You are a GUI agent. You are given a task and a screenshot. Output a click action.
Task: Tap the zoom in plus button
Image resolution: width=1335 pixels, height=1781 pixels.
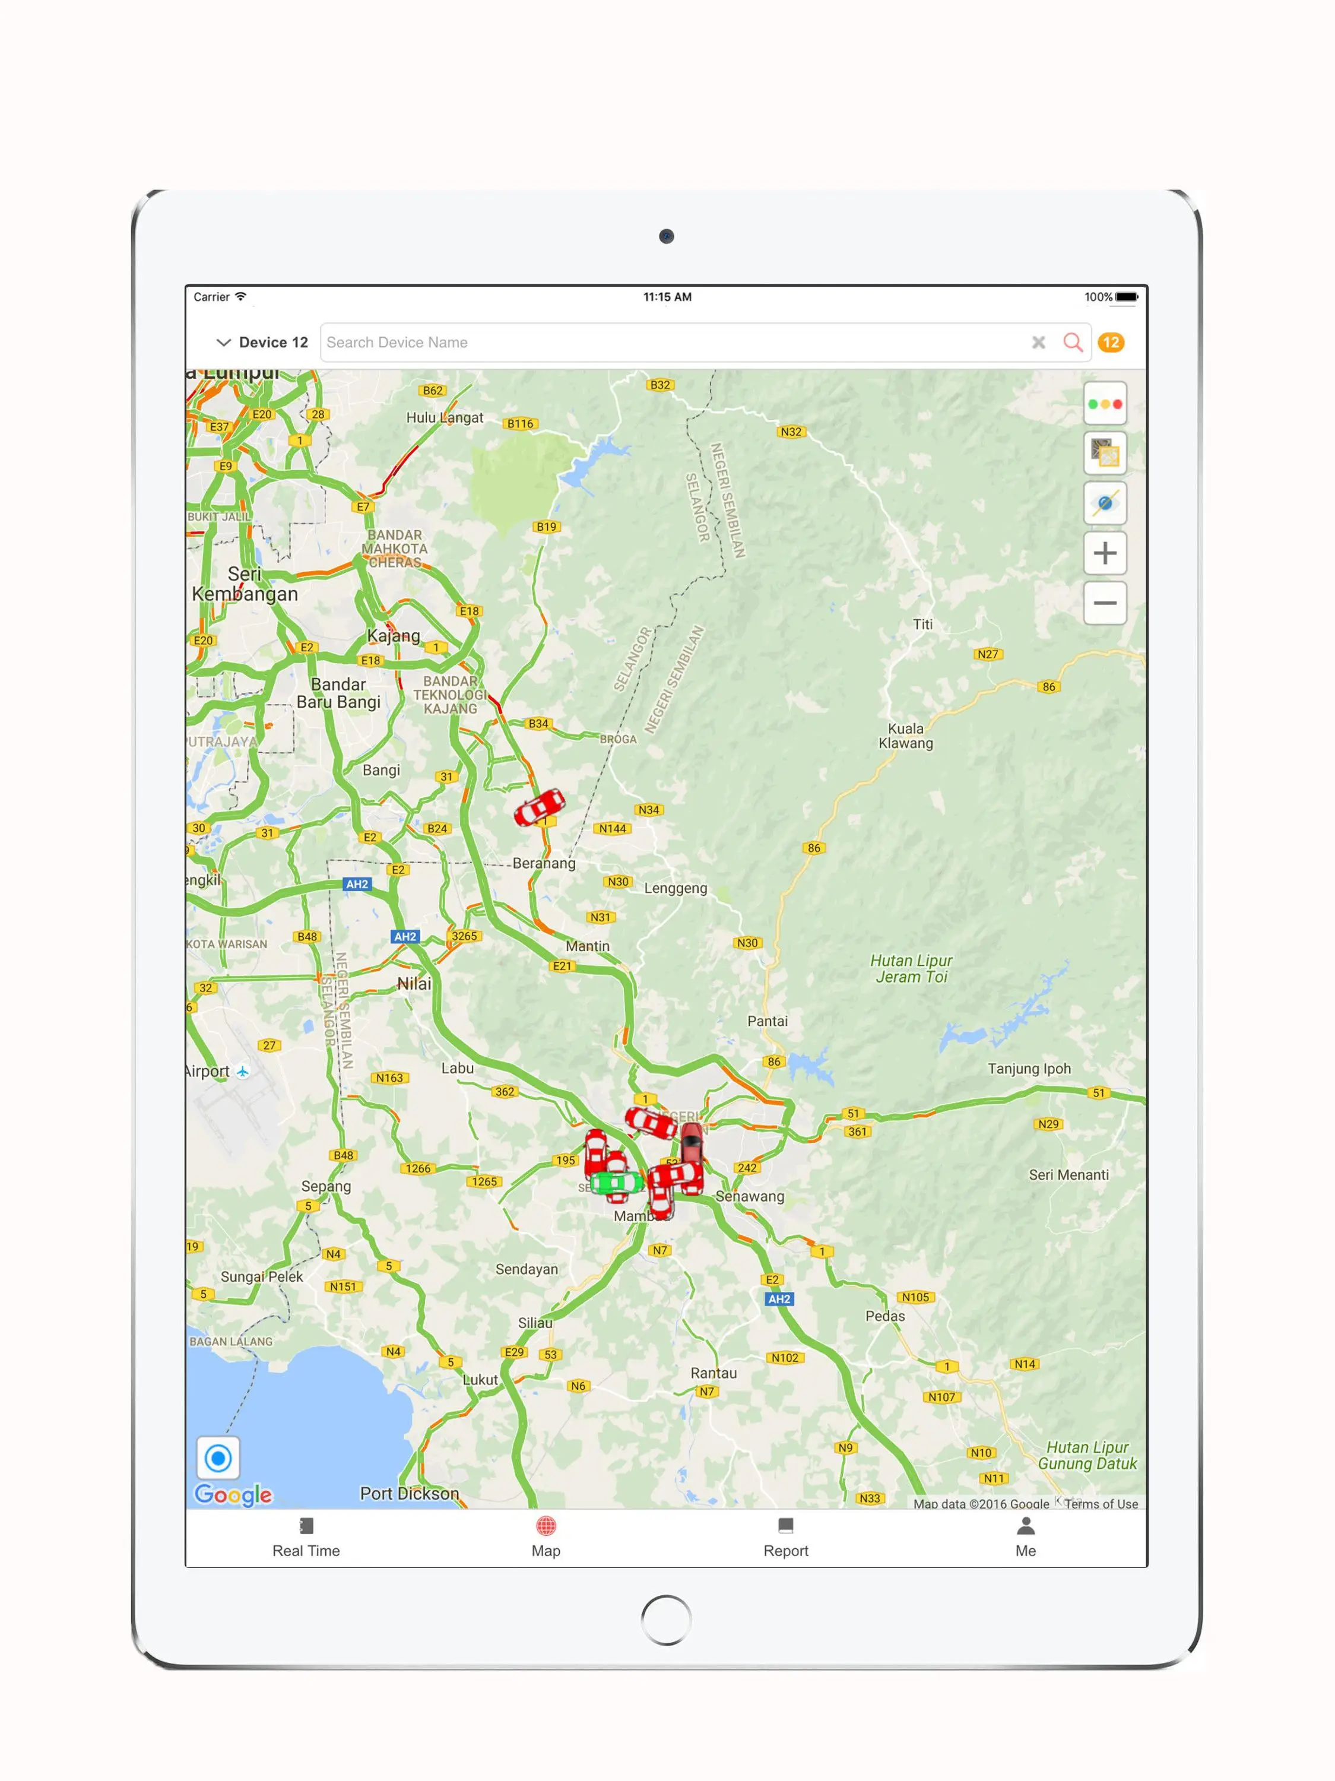point(1105,553)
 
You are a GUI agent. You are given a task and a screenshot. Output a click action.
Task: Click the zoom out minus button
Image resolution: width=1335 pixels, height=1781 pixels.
point(1105,603)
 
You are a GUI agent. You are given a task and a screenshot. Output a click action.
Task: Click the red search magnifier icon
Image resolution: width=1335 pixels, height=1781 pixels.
point(1073,342)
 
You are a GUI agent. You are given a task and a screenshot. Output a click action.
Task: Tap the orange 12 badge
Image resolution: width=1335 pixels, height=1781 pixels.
point(1111,342)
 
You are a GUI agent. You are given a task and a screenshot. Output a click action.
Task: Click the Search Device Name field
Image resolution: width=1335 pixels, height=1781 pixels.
point(668,342)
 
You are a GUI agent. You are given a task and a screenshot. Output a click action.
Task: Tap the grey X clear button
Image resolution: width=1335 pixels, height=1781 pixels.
point(1039,342)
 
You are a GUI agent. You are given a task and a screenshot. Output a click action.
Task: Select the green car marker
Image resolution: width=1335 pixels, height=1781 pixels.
point(616,1182)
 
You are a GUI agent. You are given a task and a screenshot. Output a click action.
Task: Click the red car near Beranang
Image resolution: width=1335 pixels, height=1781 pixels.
point(540,807)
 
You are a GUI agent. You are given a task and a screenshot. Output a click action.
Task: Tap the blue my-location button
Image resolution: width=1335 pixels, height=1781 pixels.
point(218,1457)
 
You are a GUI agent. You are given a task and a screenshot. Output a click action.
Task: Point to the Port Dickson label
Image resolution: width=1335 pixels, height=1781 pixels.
point(409,1494)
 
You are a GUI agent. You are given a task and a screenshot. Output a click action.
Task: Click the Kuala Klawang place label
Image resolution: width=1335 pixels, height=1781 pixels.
point(906,735)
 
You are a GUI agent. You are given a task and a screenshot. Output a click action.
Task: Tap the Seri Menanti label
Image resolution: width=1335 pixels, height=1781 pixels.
point(1068,1175)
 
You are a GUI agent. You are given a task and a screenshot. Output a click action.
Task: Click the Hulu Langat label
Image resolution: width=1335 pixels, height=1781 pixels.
point(445,417)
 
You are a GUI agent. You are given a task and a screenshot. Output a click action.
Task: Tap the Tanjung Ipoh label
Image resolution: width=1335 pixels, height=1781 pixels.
point(1029,1069)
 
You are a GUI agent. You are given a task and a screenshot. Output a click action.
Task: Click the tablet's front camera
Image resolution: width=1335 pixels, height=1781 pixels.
point(667,236)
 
